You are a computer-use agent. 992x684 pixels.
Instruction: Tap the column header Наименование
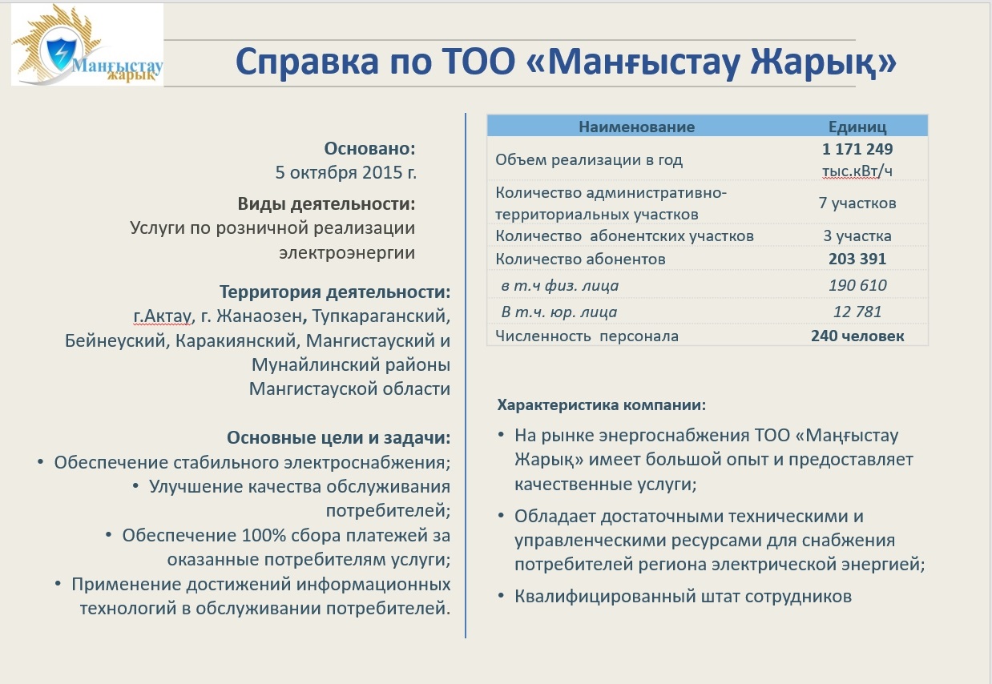tap(636, 127)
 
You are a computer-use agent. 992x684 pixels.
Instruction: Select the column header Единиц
tap(857, 127)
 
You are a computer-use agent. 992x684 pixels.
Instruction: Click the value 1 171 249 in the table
tap(857, 149)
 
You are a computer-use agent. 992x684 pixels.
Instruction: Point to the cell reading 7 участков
tap(857, 203)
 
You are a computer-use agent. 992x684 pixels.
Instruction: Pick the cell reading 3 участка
tap(857, 235)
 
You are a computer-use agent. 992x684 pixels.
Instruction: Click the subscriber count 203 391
tap(857, 259)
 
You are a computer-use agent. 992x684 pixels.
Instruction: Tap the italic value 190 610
tap(857, 285)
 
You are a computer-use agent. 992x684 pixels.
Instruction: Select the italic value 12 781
tap(857, 312)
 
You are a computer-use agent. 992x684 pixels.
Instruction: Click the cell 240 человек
tap(857, 336)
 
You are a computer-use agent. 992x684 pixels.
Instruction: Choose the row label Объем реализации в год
tap(589, 160)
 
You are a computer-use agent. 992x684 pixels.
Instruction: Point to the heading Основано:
tap(369, 149)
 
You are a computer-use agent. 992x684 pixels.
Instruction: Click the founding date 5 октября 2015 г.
tap(346, 172)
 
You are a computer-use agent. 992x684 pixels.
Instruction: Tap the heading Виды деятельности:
tap(326, 203)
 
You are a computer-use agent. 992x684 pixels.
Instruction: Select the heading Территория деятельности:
tap(335, 292)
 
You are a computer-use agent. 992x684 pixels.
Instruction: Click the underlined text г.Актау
tap(162, 316)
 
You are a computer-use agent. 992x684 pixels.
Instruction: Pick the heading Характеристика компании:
tap(602, 404)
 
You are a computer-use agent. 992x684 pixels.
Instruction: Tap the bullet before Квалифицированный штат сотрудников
tap(502, 596)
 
